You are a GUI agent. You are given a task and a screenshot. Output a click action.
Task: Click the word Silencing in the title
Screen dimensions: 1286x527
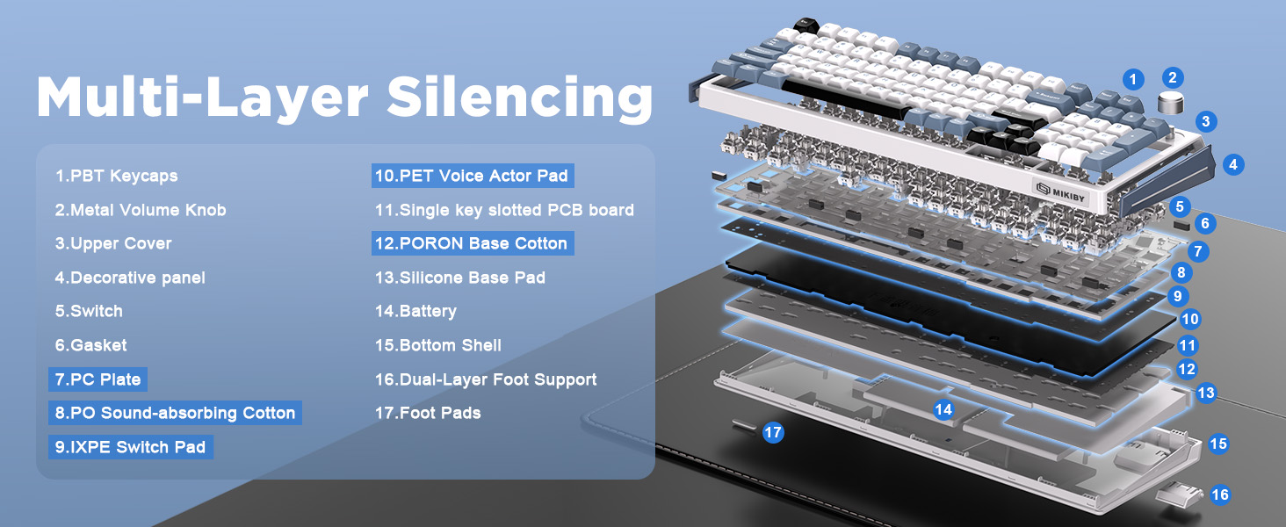pyautogui.click(x=520, y=97)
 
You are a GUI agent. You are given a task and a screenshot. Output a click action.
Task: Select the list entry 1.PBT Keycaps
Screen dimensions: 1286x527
pyautogui.click(x=117, y=176)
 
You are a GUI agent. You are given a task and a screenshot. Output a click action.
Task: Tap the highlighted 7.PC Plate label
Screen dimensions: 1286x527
pyautogui.click(x=98, y=379)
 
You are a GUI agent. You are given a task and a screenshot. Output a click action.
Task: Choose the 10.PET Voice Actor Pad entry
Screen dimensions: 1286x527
pyautogui.click(x=473, y=176)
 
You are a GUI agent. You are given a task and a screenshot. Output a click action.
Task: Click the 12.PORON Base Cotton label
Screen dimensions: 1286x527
pyautogui.click(x=473, y=243)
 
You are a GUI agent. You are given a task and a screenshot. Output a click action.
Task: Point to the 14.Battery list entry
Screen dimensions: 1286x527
pyautogui.click(x=415, y=311)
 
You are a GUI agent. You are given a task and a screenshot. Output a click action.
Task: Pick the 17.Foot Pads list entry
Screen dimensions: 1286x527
pyautogui.click(x=428, y=413)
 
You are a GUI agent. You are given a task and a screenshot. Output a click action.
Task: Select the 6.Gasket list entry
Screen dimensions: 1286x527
pyautogui.click(x=90, y=345)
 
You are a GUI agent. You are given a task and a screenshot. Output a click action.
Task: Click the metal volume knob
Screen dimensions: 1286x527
pyautogui.click(x=1171, y=102)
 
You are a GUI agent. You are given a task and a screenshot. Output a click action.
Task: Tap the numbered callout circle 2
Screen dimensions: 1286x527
pyautogui.click(x=1173, y=78)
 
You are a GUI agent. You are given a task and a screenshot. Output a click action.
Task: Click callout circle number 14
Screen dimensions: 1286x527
pyautogui.click(x=943, y=409)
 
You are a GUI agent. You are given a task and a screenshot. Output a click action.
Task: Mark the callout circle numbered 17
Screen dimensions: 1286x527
pyautogui.click(x=773, y=432)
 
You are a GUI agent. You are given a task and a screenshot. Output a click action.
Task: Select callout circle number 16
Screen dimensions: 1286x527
pyautogui.click(x=1220, y=495)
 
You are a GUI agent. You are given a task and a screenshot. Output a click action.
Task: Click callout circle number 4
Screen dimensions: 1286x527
pyautogui.click(x=1232, y=165)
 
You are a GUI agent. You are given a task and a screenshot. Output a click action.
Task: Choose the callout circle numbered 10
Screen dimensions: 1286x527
pyautogui.click(x=1190, y=319)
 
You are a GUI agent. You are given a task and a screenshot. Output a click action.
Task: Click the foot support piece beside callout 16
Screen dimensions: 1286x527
pyautogui.click(x=1179, y=495)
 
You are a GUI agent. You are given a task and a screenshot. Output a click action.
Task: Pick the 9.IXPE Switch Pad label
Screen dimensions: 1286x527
pyautogui.click(x=131, y=447)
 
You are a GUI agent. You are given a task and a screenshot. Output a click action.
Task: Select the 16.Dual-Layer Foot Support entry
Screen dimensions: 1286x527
pyautogui.click(x=486, y=379)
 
